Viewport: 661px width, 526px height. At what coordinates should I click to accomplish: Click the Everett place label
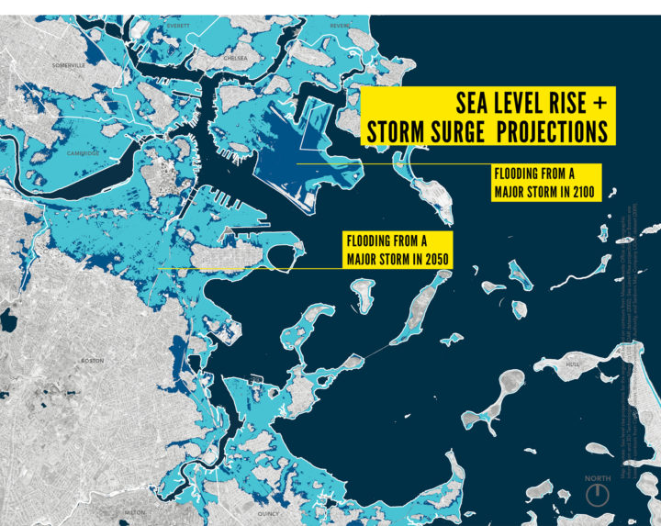click(178, 26)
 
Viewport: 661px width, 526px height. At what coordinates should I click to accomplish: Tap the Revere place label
click(340, 26)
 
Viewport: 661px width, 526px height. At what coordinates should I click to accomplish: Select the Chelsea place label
click(236, 57)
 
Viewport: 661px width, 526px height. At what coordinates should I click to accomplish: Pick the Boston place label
click(93, 361)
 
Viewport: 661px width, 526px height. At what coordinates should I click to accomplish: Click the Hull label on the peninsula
click(575, 364)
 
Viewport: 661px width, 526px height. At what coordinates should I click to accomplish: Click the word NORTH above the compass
click(598, 478)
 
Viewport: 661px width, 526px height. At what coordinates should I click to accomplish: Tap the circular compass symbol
click(598, 495)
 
